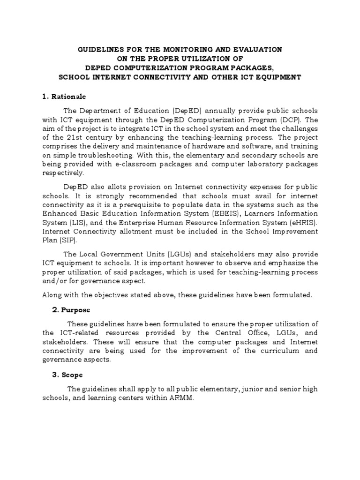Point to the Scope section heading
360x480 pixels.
point(71,375)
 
